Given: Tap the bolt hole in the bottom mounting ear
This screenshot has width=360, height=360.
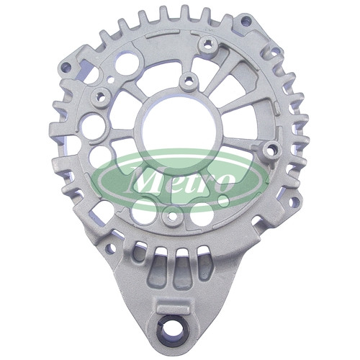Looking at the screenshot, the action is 171,330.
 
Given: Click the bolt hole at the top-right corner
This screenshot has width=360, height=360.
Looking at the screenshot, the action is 245,20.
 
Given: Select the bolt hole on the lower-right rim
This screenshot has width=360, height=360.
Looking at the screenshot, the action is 293,202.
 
